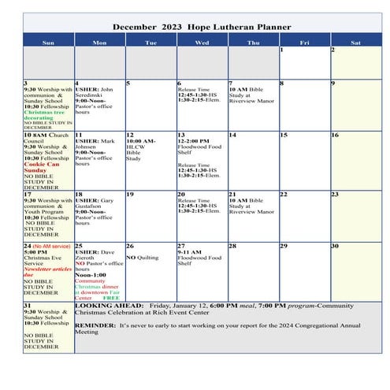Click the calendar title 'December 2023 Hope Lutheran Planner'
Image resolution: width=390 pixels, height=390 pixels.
[202, 27]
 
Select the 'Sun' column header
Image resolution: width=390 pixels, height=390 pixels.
[48, 42]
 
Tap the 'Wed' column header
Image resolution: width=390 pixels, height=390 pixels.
[202, 42]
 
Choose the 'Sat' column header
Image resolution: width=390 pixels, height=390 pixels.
[356, 42]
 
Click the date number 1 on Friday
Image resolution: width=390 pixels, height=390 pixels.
[281, 50]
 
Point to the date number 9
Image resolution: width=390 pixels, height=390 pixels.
[332, 83]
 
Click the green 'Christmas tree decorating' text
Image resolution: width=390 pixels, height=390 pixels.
[46, 115]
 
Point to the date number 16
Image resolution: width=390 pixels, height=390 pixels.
[335, 135]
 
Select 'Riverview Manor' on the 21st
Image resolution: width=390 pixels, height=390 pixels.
[251, 212]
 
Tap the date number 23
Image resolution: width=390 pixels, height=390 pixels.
[335, 194]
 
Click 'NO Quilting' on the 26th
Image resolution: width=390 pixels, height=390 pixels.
[143, 257]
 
